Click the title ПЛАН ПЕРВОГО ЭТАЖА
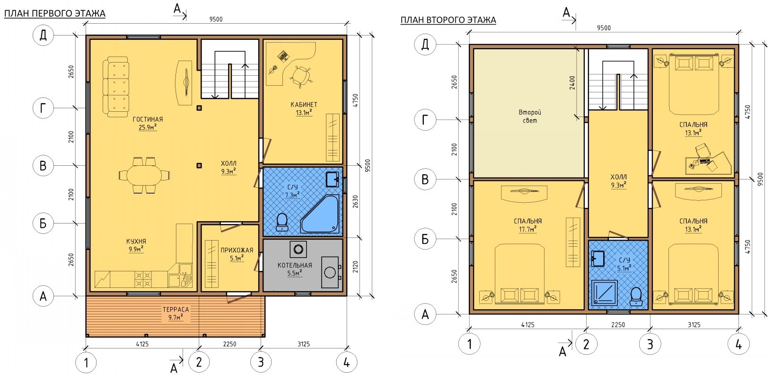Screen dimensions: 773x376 pos(54,13)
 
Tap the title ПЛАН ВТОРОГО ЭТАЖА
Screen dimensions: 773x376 pos(448,20)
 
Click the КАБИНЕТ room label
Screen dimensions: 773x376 pos(304,104)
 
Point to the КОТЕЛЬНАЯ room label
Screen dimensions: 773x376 pos(295,265)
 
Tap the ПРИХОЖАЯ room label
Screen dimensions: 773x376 pos(237,250)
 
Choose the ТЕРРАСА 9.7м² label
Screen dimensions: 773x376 pos(176,313)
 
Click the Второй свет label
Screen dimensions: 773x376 pos(530,116)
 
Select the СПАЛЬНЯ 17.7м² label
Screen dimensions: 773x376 pos(527,225)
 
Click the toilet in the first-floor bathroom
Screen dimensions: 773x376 pos(282,222)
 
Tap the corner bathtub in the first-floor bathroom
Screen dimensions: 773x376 pos(320,214)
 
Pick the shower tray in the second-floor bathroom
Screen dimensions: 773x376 pos(604,292)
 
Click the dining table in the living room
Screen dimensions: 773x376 pos(144,176)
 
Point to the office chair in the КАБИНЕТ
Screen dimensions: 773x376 pos(301,76)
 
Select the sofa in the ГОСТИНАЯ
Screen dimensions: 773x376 pos(115,87)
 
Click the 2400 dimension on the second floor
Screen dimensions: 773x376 pos(572,83)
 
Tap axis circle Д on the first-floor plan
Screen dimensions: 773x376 pos(43,35)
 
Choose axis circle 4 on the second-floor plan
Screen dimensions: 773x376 pos(738,344)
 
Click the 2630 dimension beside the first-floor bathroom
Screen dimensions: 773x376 pos(355,202)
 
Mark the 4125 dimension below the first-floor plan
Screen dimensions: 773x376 pos(142,344)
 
